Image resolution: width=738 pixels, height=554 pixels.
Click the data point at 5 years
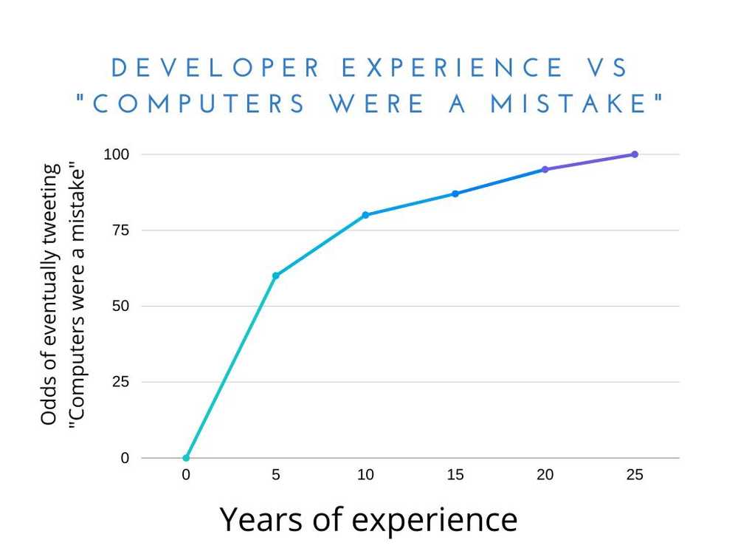click(x=276, y=276)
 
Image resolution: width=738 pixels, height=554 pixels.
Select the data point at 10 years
click(x=365, y=215)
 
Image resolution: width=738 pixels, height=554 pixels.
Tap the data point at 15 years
click(x=455, y=194)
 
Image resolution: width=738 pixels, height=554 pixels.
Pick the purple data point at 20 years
click(x=545, y=169)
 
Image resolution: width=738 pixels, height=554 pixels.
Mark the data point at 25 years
click(x=635, y=154)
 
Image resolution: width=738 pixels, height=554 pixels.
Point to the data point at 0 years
click(x=186, y=458)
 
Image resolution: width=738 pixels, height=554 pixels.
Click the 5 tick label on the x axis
click(x=276, y=476)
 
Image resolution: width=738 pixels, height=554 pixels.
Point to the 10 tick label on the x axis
click(x=365, y=476)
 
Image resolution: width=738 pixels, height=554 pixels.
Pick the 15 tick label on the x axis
click(x=455, y=476)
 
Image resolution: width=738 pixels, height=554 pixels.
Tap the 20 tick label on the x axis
click(x=545, y=476)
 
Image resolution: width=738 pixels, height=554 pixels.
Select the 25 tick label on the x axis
click(x=635, y=476)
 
